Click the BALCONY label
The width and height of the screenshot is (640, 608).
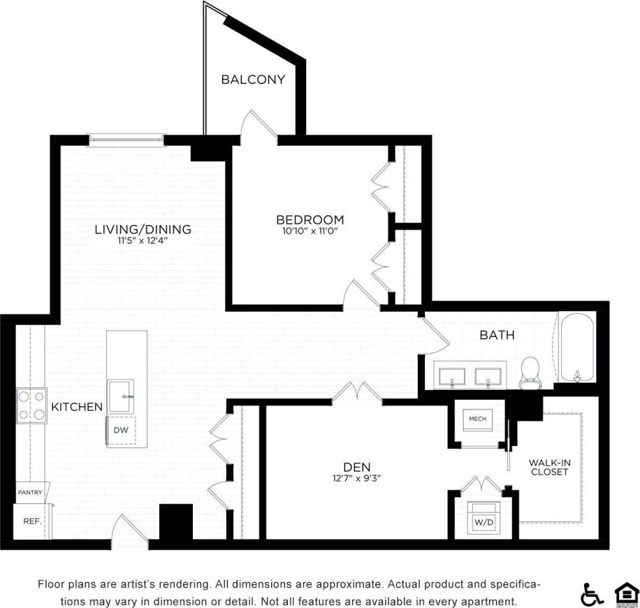pos(253,79)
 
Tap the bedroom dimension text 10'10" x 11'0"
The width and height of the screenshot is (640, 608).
pos(310,231)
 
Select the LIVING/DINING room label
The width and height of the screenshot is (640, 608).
pos(143,229)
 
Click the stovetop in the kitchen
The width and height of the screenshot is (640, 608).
pos(31,405)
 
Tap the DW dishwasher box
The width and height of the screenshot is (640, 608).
pos(121,430)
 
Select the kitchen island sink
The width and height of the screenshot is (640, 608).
pos(122,396)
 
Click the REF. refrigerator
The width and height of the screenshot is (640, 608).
pos(32,521)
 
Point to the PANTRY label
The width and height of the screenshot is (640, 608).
pos(30,492)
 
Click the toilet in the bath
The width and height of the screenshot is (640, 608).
pos(531,370)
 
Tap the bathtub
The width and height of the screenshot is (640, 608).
pos(576,347)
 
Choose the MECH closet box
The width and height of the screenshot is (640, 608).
pos(477,419)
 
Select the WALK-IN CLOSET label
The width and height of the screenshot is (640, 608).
pos(548,467)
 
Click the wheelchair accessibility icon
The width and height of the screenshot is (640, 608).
pos(592,594)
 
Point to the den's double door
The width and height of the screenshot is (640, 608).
pos(357,393)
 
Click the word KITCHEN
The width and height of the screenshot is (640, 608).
pos(77,406)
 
